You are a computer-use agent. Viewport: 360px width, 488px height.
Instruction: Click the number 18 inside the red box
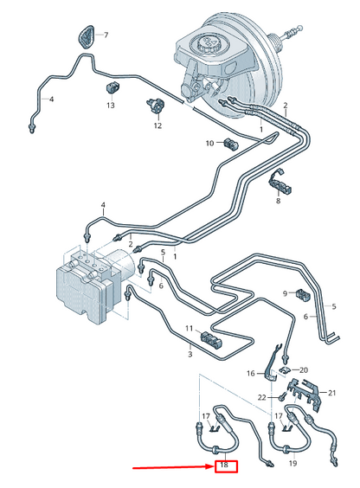[x=223, y=466]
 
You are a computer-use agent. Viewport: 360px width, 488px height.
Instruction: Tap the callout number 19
[x=292, y=465]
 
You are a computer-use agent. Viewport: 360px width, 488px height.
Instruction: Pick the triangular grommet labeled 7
[x=85, y=37]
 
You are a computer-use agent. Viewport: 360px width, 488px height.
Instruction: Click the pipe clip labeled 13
[x=112, y=87]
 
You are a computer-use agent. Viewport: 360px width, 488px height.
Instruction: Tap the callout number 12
[x=157, y=125]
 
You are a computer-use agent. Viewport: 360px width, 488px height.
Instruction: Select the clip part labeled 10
[x=231, y=143]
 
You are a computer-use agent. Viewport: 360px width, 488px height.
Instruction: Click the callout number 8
[x=278, y=201]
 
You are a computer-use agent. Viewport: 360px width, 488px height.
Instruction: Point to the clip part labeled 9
[x=303, y=295]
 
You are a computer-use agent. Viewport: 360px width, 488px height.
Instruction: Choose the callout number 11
[x=187, y=328]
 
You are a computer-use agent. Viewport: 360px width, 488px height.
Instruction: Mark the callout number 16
[x=250, y=374]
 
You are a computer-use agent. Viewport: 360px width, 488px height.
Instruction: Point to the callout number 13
[x=110, y=106]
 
